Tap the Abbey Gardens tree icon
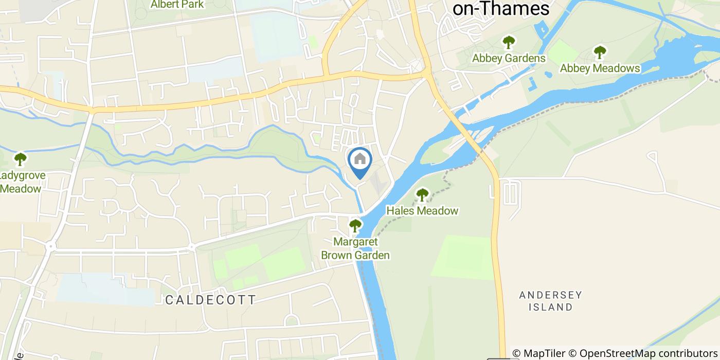coord(509,42)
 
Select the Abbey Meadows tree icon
coord(600,52)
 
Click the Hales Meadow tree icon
coord(422,194)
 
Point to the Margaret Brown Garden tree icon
coord(355,225)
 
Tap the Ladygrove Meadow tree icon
coord(20,158)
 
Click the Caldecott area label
coord(211,300)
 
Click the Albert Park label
coord(177,5)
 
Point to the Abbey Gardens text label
coord(509,58)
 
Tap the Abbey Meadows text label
coord(600,68)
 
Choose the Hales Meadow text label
coord(422,211)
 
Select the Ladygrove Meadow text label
coord(22,182)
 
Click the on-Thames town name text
coord(501,8)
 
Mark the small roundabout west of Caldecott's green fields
coord(191,247)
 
